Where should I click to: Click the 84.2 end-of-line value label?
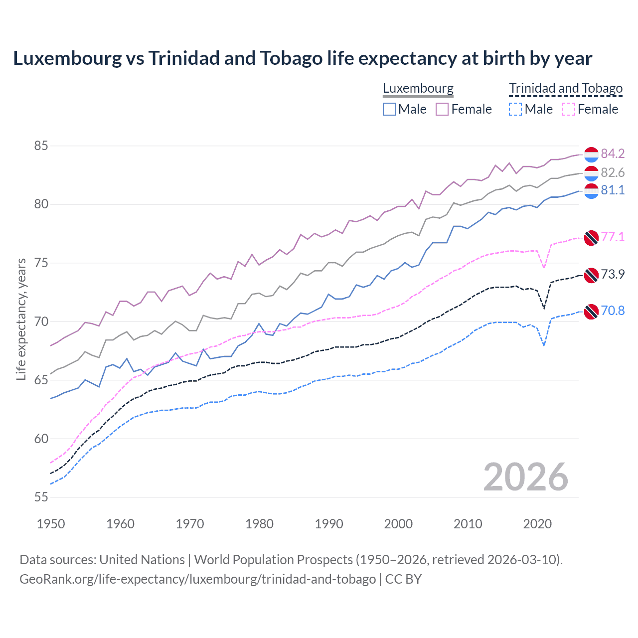coord(613,154)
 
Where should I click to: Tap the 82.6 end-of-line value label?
coord(613,172)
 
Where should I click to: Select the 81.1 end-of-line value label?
coord(613,190)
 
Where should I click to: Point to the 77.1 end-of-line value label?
coord(613,237)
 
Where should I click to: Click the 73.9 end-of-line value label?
coord(613,274)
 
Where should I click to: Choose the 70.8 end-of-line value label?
coord(613,311)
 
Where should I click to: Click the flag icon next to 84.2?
coord(591,155)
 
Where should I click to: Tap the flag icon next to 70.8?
coord(591,312)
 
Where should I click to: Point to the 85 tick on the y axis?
coord(41,146)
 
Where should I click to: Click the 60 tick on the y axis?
coord(41,439)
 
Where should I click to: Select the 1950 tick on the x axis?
coord(51,524)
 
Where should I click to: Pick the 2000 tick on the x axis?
coord(398,524)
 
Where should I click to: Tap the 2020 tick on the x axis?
coord(537,524)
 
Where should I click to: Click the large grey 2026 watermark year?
coord(526,477)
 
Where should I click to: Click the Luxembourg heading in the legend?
coord(418,89)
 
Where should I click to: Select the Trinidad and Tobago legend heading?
coord(566,89)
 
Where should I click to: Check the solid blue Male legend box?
coord(389,109)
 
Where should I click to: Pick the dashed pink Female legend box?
coord(569,109)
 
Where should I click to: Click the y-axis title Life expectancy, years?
coord(21,319)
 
